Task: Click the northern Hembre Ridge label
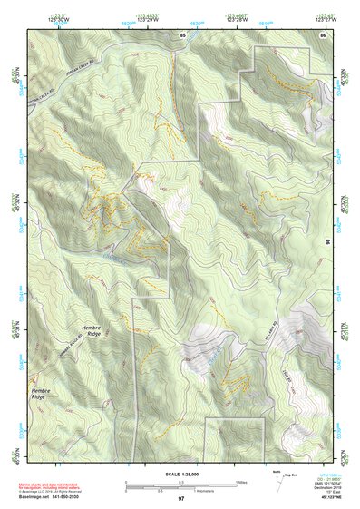coord(91,330)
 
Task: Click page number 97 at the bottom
coord(180,499)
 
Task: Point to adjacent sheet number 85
coord(182,34)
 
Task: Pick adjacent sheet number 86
coord(321,34)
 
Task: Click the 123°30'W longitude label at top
coord(36,17)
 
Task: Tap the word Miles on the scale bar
coord(241,481)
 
